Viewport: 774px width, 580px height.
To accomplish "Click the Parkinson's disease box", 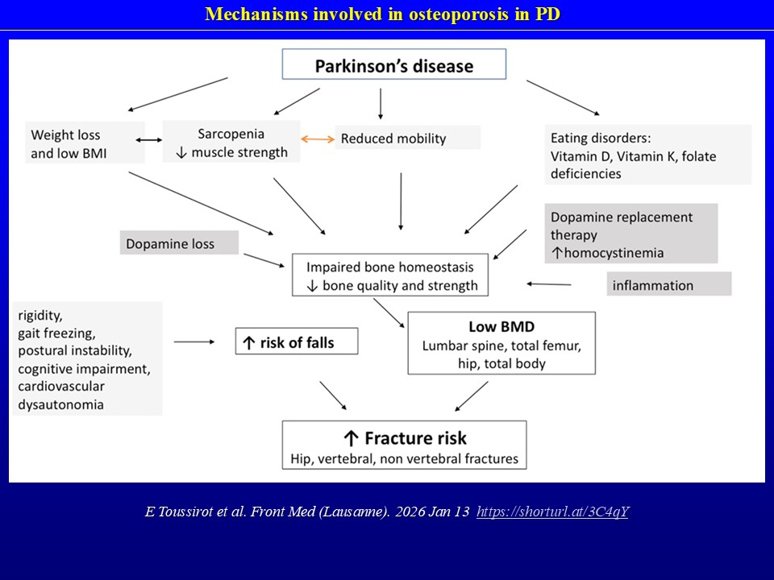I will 393,64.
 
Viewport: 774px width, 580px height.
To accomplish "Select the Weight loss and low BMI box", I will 86,143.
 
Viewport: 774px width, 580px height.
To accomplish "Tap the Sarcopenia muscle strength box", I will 231,142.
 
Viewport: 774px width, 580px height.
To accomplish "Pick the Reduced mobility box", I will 407,138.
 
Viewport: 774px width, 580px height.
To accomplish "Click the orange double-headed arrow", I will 318,139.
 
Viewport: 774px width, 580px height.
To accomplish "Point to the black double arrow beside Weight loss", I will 154,140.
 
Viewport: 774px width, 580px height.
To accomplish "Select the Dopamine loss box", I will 179,242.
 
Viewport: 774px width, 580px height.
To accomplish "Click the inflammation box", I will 669,284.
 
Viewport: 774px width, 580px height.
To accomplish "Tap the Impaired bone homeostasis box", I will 390,275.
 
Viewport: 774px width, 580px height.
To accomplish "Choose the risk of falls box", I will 296,342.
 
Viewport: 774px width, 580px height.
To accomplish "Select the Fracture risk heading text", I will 405,438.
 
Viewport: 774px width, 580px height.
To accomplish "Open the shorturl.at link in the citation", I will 552,512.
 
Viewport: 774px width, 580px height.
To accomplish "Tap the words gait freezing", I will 57,333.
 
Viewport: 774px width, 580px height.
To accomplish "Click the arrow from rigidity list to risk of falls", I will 194,342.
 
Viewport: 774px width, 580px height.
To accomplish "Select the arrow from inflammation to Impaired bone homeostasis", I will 549,284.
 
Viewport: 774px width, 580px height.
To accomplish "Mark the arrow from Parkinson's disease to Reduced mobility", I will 381,102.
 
